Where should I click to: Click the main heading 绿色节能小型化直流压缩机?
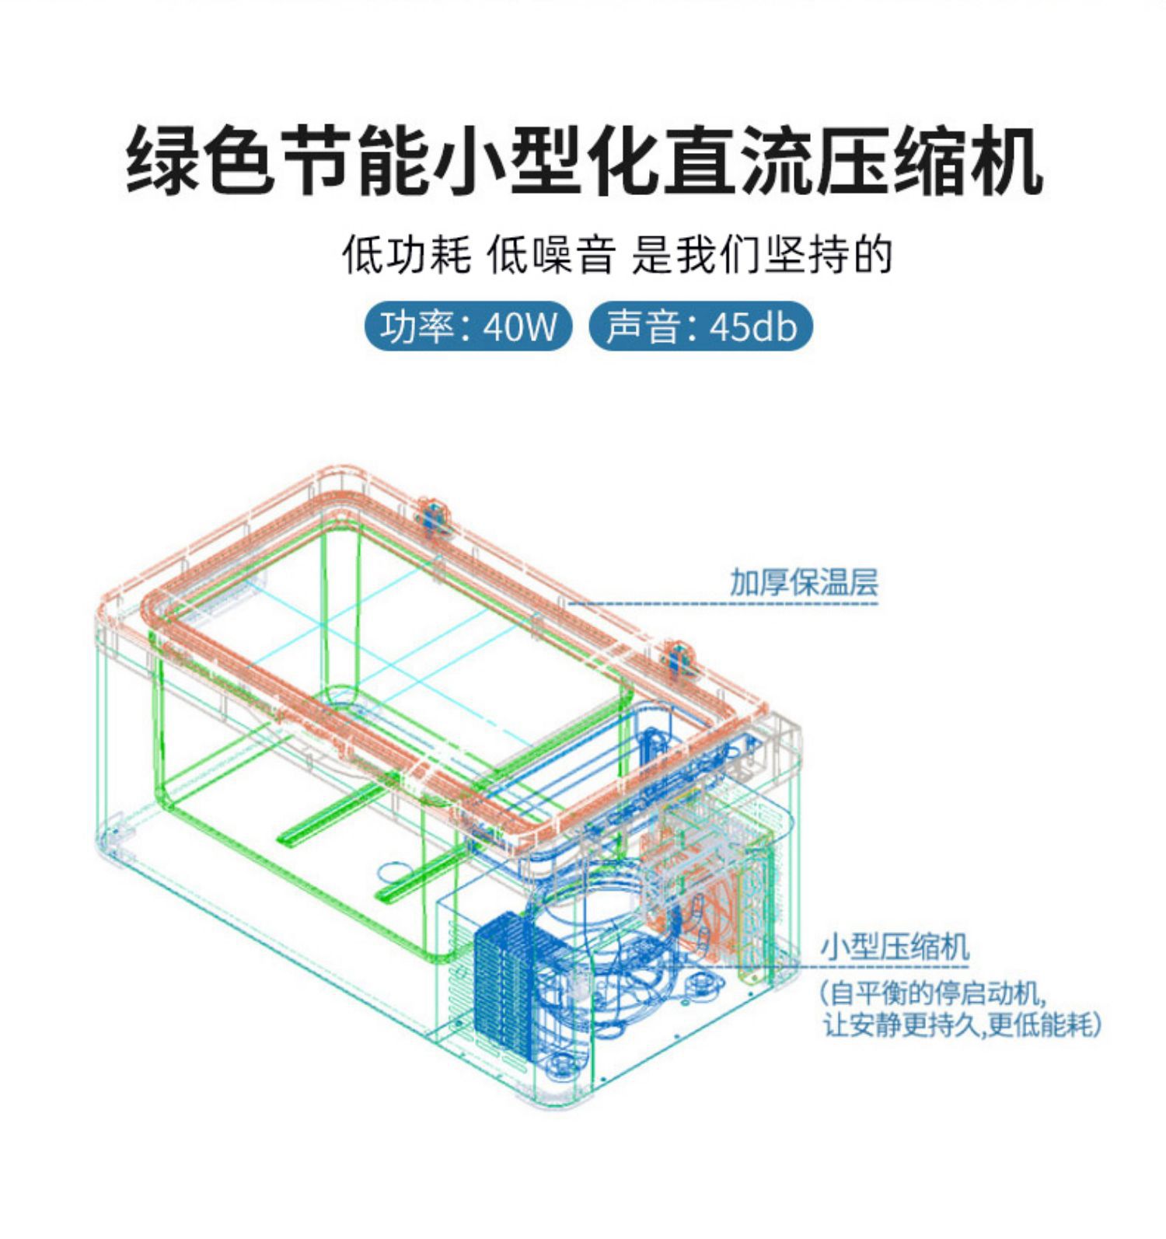pyautogui.click(x=583, y=162)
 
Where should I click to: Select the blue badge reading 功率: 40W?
pyautogui.click(x=468, y=326)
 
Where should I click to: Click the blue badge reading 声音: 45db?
pyautogui.click(x=700, y=326)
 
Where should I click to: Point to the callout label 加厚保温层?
pyautogui.click(x=803, y=582)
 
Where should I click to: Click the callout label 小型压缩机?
pyautogui.click(x=895, y=948)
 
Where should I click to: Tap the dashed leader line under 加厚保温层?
pyautogui.click(x=723, y=603)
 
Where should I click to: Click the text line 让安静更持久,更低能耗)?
pyautogui.click(x=962, y=1025)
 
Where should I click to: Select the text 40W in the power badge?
pyautogui.click(x=520, y=327)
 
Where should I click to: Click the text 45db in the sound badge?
pyautogui.click(x=753, y=327)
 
